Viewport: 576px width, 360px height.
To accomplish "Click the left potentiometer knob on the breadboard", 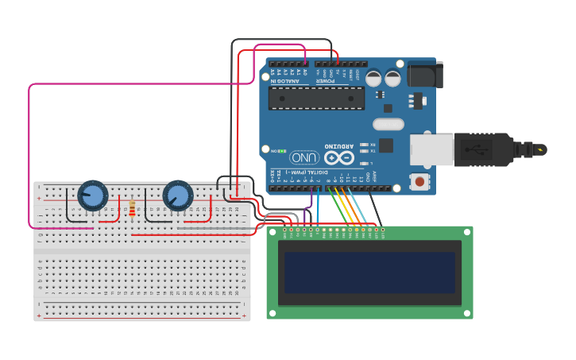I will pos(92,195).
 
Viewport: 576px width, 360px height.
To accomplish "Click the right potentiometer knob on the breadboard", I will pos(177,195).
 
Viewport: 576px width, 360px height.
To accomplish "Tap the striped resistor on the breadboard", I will pos(132,208).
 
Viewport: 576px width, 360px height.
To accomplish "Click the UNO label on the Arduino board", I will pos(304,157).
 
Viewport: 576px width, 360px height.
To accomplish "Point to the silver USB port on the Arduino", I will pos(433,149).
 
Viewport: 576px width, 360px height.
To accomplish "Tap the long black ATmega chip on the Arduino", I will pos(316,98).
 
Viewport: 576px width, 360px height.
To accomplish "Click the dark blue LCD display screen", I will pos(369,273).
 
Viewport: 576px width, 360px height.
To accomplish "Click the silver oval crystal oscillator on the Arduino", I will pos(389,124).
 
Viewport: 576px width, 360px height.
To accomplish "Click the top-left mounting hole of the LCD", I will pos(273,233).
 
